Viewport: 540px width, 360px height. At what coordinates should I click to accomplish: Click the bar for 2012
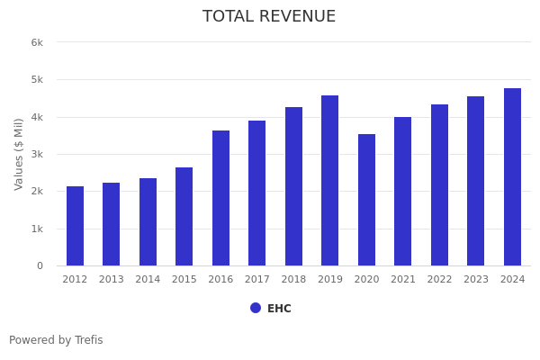click(x=75, y=226)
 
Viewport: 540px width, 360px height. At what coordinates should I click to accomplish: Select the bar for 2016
click(x=220, y=198)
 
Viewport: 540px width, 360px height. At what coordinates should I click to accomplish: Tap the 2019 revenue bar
click(x=330, y=180)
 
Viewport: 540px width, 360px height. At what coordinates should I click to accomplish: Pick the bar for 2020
click(x=366, y=200)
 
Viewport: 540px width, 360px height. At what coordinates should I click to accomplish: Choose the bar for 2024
click(x=512, y=176)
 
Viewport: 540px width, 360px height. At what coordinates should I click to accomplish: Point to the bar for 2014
click(x=148, y=221)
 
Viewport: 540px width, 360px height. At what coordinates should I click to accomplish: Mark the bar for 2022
click(x=439, y=184)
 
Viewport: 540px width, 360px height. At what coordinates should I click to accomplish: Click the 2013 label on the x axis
click(x=112, y=280)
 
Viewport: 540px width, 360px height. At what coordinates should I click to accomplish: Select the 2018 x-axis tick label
click(x=293, y=280)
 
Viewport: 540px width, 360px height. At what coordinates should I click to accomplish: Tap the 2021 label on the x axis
click(x=403, y=280)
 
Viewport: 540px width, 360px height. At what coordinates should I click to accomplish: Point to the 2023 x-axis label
click(x=476, y=280)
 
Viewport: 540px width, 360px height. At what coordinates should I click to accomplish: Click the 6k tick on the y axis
click(x=37, y=42)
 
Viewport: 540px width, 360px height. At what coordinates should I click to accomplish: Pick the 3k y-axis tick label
click(x=37, y=155)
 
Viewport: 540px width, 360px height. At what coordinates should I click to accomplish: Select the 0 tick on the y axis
click(x=40, y=266)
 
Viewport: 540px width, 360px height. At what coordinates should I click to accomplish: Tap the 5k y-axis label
click(x=37, y=80)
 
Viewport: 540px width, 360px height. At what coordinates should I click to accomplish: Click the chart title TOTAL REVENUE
click(x=269, y=17)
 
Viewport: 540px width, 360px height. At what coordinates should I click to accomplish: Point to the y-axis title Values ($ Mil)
click(x=19, y=154)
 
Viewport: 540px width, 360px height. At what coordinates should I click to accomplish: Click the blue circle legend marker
click(x=256, y=308)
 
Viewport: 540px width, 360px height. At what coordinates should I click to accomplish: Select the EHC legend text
click(x=279, y=309)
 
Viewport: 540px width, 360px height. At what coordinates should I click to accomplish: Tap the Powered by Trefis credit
click(x=56, y=340)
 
